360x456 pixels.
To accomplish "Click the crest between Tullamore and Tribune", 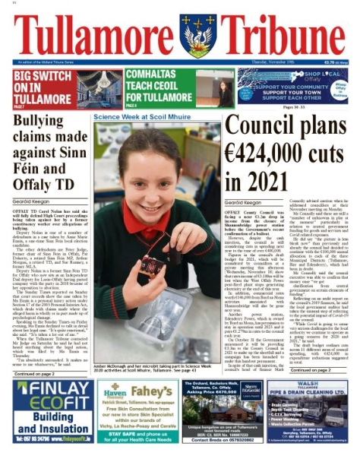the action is pyautogui.click(x=197, y=34).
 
